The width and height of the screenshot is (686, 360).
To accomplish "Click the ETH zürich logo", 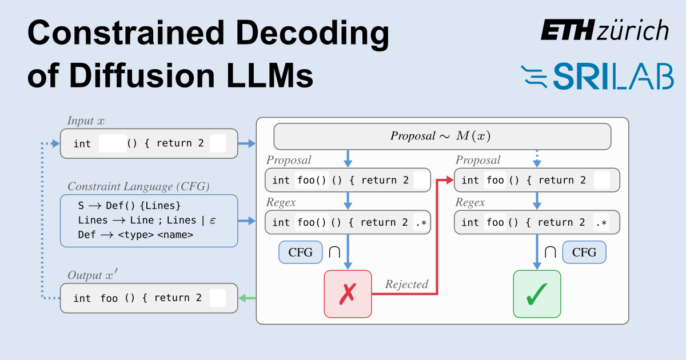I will [605, 30].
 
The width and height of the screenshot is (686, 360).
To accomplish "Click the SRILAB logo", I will [597, 77].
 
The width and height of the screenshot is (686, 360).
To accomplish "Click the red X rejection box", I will [348, 294].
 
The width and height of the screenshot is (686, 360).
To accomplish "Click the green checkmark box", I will [537, 294].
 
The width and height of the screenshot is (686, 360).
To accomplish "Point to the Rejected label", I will [406, 284].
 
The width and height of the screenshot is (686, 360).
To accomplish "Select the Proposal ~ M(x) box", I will [442, 137].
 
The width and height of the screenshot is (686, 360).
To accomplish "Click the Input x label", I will [86, 121].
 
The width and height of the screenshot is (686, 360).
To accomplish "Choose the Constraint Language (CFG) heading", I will [138, 187].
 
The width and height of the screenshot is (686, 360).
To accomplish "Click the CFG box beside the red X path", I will [300, 252].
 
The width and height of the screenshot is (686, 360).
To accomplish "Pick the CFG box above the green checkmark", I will [584, 252].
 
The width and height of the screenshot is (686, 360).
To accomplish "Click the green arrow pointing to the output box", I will [247, 298].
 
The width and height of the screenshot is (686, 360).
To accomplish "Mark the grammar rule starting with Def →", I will [135, 235].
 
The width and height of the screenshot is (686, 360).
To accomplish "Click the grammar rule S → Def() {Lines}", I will [129, 206].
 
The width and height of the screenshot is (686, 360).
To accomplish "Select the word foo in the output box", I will [109, 298].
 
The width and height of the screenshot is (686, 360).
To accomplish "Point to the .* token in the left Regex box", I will [420, 222].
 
